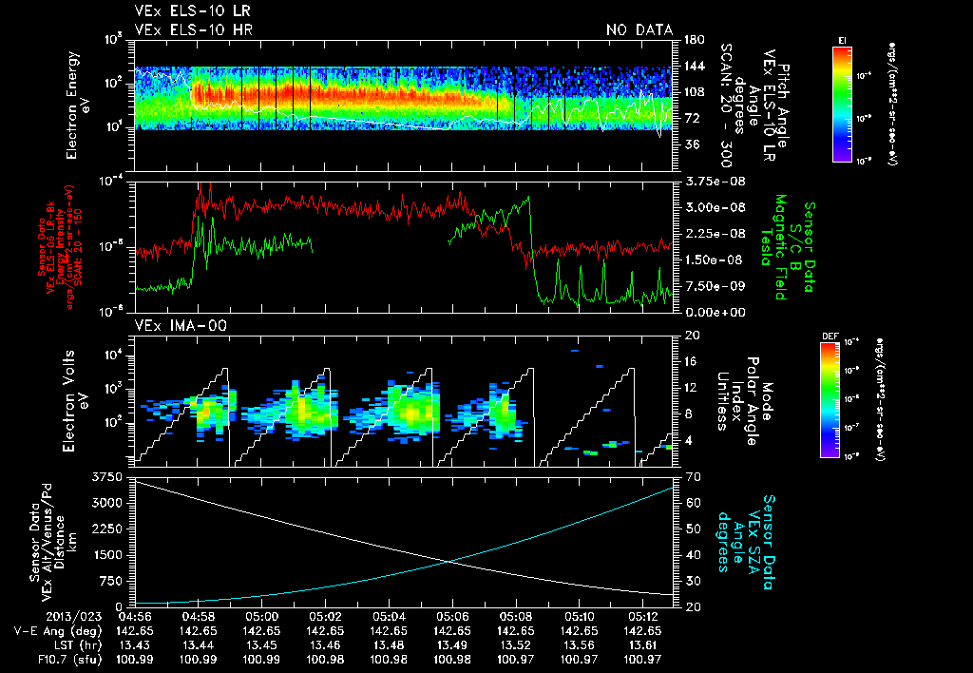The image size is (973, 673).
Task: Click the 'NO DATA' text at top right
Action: click(639, 29)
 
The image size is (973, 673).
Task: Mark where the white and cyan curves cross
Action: click(447, 562)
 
